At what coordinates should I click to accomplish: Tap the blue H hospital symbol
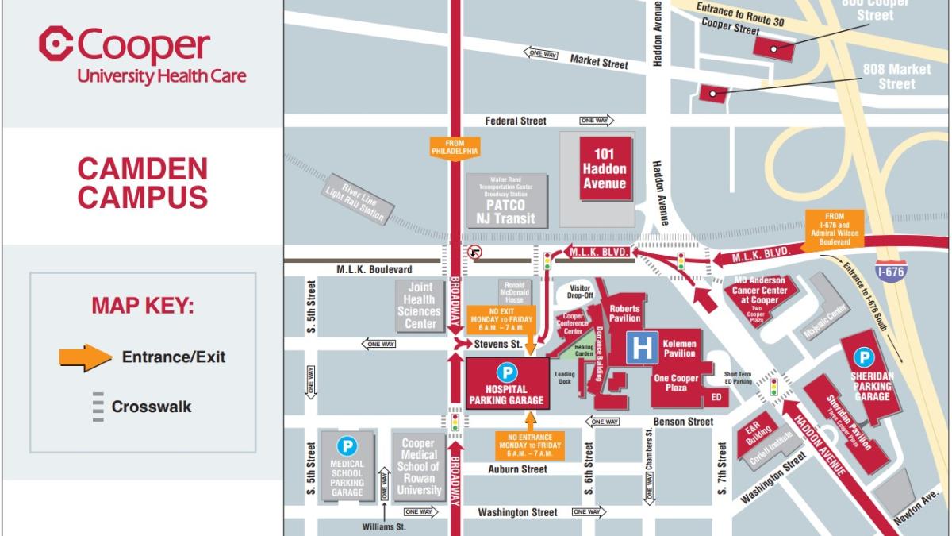(642, 348)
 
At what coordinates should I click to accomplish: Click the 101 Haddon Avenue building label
(605, 168)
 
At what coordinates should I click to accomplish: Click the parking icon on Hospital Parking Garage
(505, 372)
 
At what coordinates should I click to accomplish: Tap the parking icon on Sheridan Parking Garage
(863, 358)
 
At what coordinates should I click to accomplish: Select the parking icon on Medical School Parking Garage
(347, 446)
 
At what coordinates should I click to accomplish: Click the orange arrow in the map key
(86, 357)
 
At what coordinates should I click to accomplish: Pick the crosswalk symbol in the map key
(98, 407)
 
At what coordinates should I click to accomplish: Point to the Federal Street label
(516, 121)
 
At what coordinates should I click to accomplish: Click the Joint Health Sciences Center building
(420, 306)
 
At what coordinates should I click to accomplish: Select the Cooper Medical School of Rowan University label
(419, 467)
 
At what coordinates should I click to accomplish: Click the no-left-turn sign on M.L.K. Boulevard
(475, 253)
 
